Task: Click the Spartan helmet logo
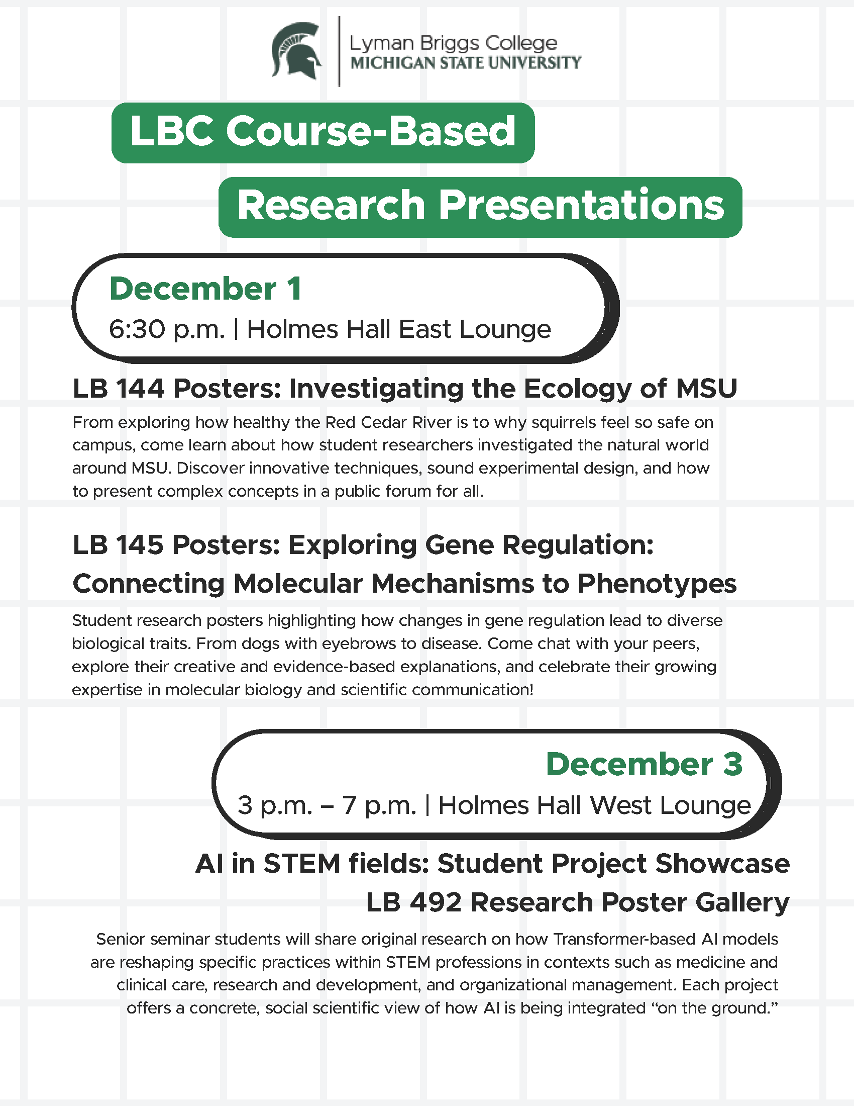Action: click(296, 51)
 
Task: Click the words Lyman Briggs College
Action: click(453, 43)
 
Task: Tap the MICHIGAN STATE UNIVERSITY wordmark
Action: click(466, 63)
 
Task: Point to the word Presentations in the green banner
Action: click(581, 206)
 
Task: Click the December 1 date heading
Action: click(205, 289)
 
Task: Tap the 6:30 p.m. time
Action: click(166, 330)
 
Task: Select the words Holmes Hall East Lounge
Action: click(399, 330)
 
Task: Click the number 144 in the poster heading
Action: click(140, 389)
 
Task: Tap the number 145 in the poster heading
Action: click(140, 545)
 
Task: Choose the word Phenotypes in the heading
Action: click(657, 584)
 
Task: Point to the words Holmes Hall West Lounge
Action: click(594, 806)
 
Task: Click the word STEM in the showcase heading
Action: click(302, 864)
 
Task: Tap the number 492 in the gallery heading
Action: click(436, 903)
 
